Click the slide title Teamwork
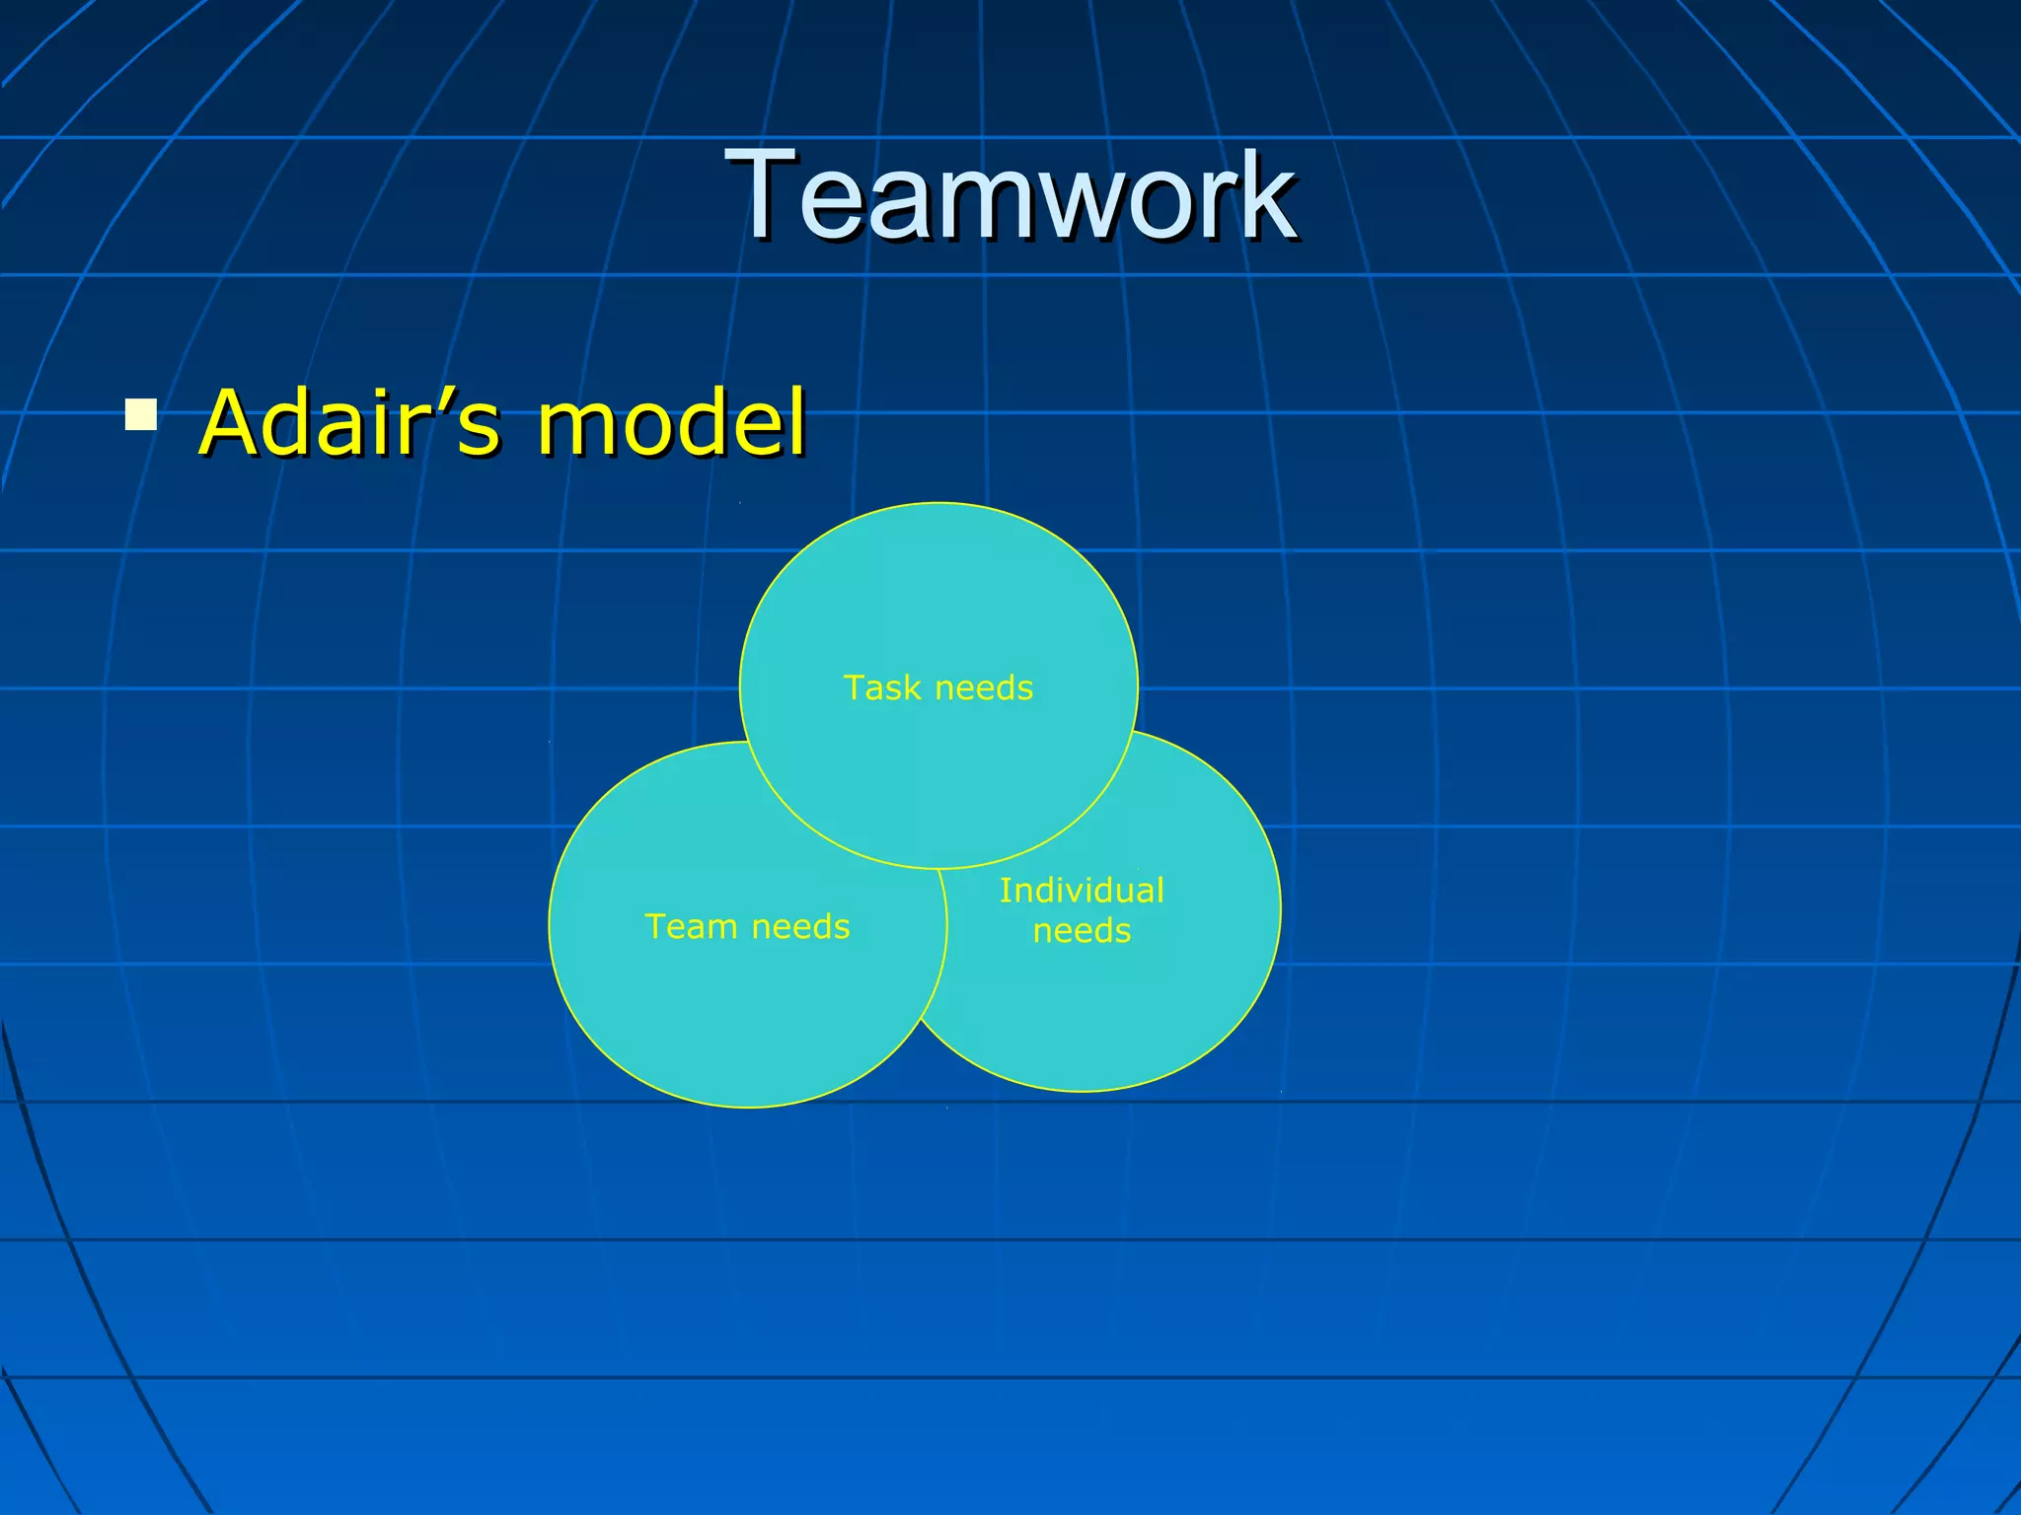click(x=1010, y=193)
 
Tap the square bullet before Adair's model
click(x=141, y=414)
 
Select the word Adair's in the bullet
click(x=349, y=423)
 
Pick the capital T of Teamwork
click(x=760, y=193)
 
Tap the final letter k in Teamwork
click(x=1268, y=193)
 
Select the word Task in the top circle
click(x=882, y=687)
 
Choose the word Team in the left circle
click(x=691, y=926)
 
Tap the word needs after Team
click(x=800, y=927)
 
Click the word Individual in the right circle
click(x=1082, y=891)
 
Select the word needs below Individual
click(x=1082, y=931)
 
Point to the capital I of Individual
click(x=1005, y=891)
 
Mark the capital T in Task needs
click(x=853, y=687)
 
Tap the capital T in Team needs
click(x=653, y=926)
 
